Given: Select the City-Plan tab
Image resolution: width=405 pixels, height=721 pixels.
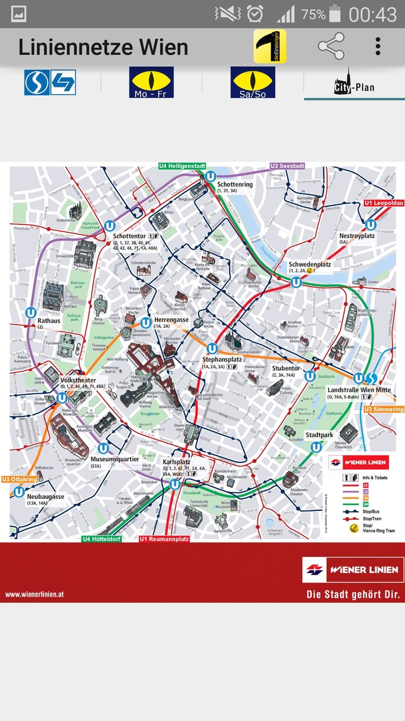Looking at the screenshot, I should tap(354, 83).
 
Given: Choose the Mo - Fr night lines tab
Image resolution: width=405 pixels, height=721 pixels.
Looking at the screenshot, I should tap(151, 82).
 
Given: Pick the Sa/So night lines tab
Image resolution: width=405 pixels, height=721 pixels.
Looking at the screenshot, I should tap(253, 82).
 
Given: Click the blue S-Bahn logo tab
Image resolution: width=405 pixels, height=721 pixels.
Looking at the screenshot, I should tap(50, 82).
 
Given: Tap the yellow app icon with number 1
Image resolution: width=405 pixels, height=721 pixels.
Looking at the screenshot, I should tap(269, 46).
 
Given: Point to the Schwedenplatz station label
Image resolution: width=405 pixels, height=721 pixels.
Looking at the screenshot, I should tap(309, 264).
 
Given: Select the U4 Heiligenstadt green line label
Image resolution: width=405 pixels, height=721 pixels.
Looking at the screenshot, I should tap(182, 166).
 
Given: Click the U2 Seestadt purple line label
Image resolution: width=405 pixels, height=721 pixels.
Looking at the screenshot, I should tap(287, 166).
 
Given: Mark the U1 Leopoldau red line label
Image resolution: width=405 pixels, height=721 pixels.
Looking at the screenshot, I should tap(384, 203).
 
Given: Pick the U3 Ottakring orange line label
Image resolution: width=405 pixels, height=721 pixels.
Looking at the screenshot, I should tap(20, 479).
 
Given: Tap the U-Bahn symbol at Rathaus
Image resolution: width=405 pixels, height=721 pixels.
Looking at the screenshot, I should tap(31, 313).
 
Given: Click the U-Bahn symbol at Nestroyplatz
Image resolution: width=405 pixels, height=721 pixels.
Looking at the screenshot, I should tap(370, 225).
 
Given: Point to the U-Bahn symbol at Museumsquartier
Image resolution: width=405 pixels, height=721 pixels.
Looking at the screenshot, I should tap(103, 448).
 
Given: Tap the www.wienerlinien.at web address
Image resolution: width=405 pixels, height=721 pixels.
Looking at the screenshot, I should tap(35, 594).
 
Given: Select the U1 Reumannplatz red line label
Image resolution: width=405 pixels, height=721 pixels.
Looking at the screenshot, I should tap(164, 539).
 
